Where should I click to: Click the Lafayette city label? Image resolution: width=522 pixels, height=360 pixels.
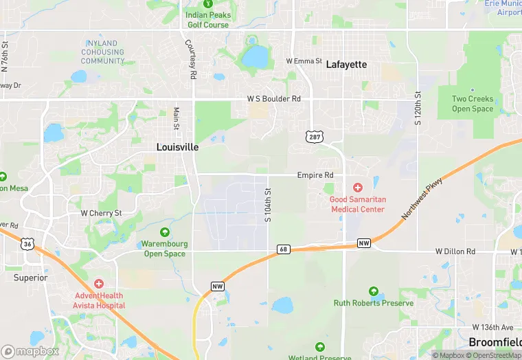[346, 65]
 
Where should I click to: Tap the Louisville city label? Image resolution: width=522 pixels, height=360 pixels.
[177, 147]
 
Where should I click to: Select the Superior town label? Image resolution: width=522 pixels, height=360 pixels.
[31, 278]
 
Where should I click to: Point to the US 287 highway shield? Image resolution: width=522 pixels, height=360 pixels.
[313, 137]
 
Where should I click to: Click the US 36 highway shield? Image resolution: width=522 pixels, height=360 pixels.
[27, 243]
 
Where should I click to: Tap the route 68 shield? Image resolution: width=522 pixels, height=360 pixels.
[282, 248]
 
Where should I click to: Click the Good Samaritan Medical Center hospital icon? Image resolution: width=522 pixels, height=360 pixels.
[357, 188]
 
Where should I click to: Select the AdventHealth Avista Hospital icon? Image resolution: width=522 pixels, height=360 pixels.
[100, 283]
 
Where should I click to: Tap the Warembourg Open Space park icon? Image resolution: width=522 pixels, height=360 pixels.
[164, 232]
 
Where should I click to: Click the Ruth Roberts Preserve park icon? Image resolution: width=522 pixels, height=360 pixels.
[374, 291]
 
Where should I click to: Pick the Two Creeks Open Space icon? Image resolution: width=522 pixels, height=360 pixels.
[473, 89]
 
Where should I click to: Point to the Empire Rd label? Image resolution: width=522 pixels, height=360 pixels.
[315, 175]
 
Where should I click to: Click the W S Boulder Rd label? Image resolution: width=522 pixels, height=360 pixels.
[274, 99]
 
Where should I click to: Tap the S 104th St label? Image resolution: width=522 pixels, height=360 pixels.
[269, 205]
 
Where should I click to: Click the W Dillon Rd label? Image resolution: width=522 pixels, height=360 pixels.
[455, 252]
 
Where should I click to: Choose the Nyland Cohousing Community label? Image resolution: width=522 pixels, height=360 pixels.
[103, 52]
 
